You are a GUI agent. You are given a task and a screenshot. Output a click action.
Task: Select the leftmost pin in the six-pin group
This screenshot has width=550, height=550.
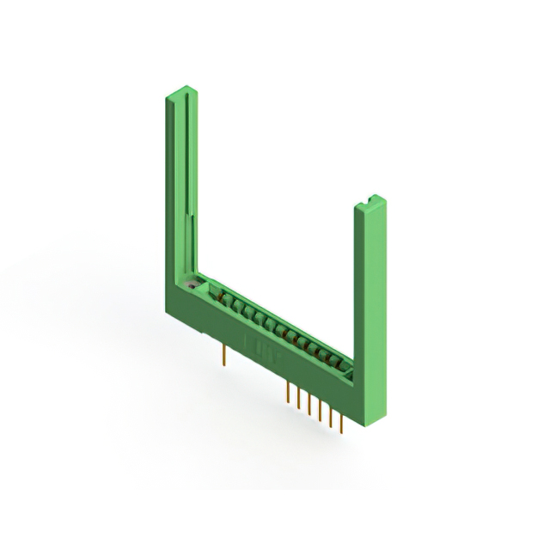(x=286, y=392)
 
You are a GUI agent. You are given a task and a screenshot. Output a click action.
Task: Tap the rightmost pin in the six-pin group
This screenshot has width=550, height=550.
(x=341, y=423)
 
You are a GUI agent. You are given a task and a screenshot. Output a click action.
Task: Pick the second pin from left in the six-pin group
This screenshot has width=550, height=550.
(x=297, y=398)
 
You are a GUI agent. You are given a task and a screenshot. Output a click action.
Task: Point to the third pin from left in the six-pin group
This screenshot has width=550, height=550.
(x=309, y=404)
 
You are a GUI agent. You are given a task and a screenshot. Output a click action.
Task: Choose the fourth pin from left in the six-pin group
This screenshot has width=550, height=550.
(x=320, y=410)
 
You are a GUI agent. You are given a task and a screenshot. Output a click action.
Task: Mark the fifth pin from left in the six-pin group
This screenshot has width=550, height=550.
(x=331, y=417)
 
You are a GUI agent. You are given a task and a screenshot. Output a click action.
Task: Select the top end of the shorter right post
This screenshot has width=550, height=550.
(x=370, y=204)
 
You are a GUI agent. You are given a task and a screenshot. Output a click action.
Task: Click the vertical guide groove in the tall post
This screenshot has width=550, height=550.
(x=184, y=172)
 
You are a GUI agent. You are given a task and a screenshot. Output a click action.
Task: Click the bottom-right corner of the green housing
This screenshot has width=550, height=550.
(x=369, y=411)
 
